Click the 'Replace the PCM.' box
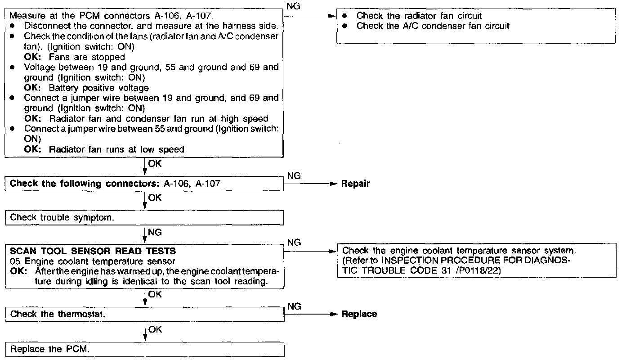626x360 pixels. tap(145, 350)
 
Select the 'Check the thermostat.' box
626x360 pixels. tap(145, 314)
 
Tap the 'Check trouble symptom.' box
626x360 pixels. tap(145, 217)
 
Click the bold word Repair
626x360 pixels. tap(355, 184)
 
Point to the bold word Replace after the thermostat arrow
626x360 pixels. tap(359, 314)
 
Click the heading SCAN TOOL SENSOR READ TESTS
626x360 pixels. tap(93, 251)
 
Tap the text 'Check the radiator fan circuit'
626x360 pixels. tap(419, 16)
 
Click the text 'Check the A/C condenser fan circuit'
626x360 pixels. tap(433, 26)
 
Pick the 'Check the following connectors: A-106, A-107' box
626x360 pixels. tap(145, 184)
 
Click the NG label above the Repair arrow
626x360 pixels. tap(294, 175)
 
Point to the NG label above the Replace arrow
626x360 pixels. tap(294, 306)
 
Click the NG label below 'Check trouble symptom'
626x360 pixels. tap(155, 233)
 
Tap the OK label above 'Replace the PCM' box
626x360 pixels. tap(155, 329)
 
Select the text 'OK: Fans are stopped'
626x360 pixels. tap(75, 57)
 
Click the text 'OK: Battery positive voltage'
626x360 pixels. tap(86, 88)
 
